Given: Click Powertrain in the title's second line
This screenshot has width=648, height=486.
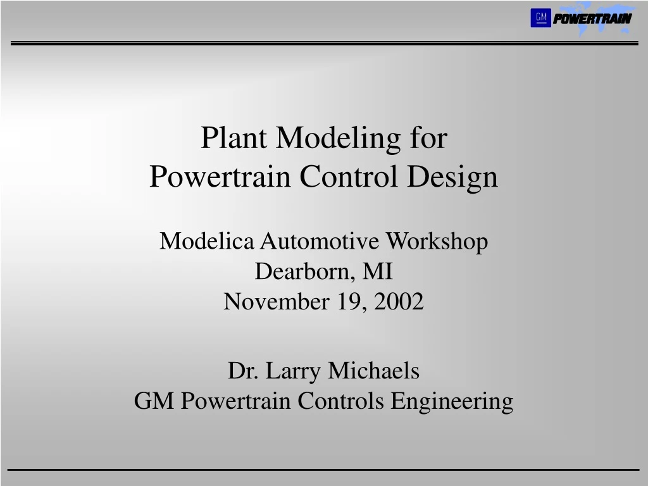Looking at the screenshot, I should (x=221, y=176).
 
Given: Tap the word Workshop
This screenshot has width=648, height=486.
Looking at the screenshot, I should (x=437, y=241).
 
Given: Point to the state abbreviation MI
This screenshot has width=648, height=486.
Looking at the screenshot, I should (x=378, y=271).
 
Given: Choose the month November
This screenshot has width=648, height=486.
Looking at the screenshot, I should (x=275, y=302).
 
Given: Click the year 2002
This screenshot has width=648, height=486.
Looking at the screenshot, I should (x=399, y=302).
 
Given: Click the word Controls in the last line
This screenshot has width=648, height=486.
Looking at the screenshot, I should (x=340, y=401).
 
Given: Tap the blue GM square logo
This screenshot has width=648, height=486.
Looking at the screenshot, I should (x=540, y=18).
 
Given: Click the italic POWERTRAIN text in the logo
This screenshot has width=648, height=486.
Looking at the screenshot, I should (x=592, y=19).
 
